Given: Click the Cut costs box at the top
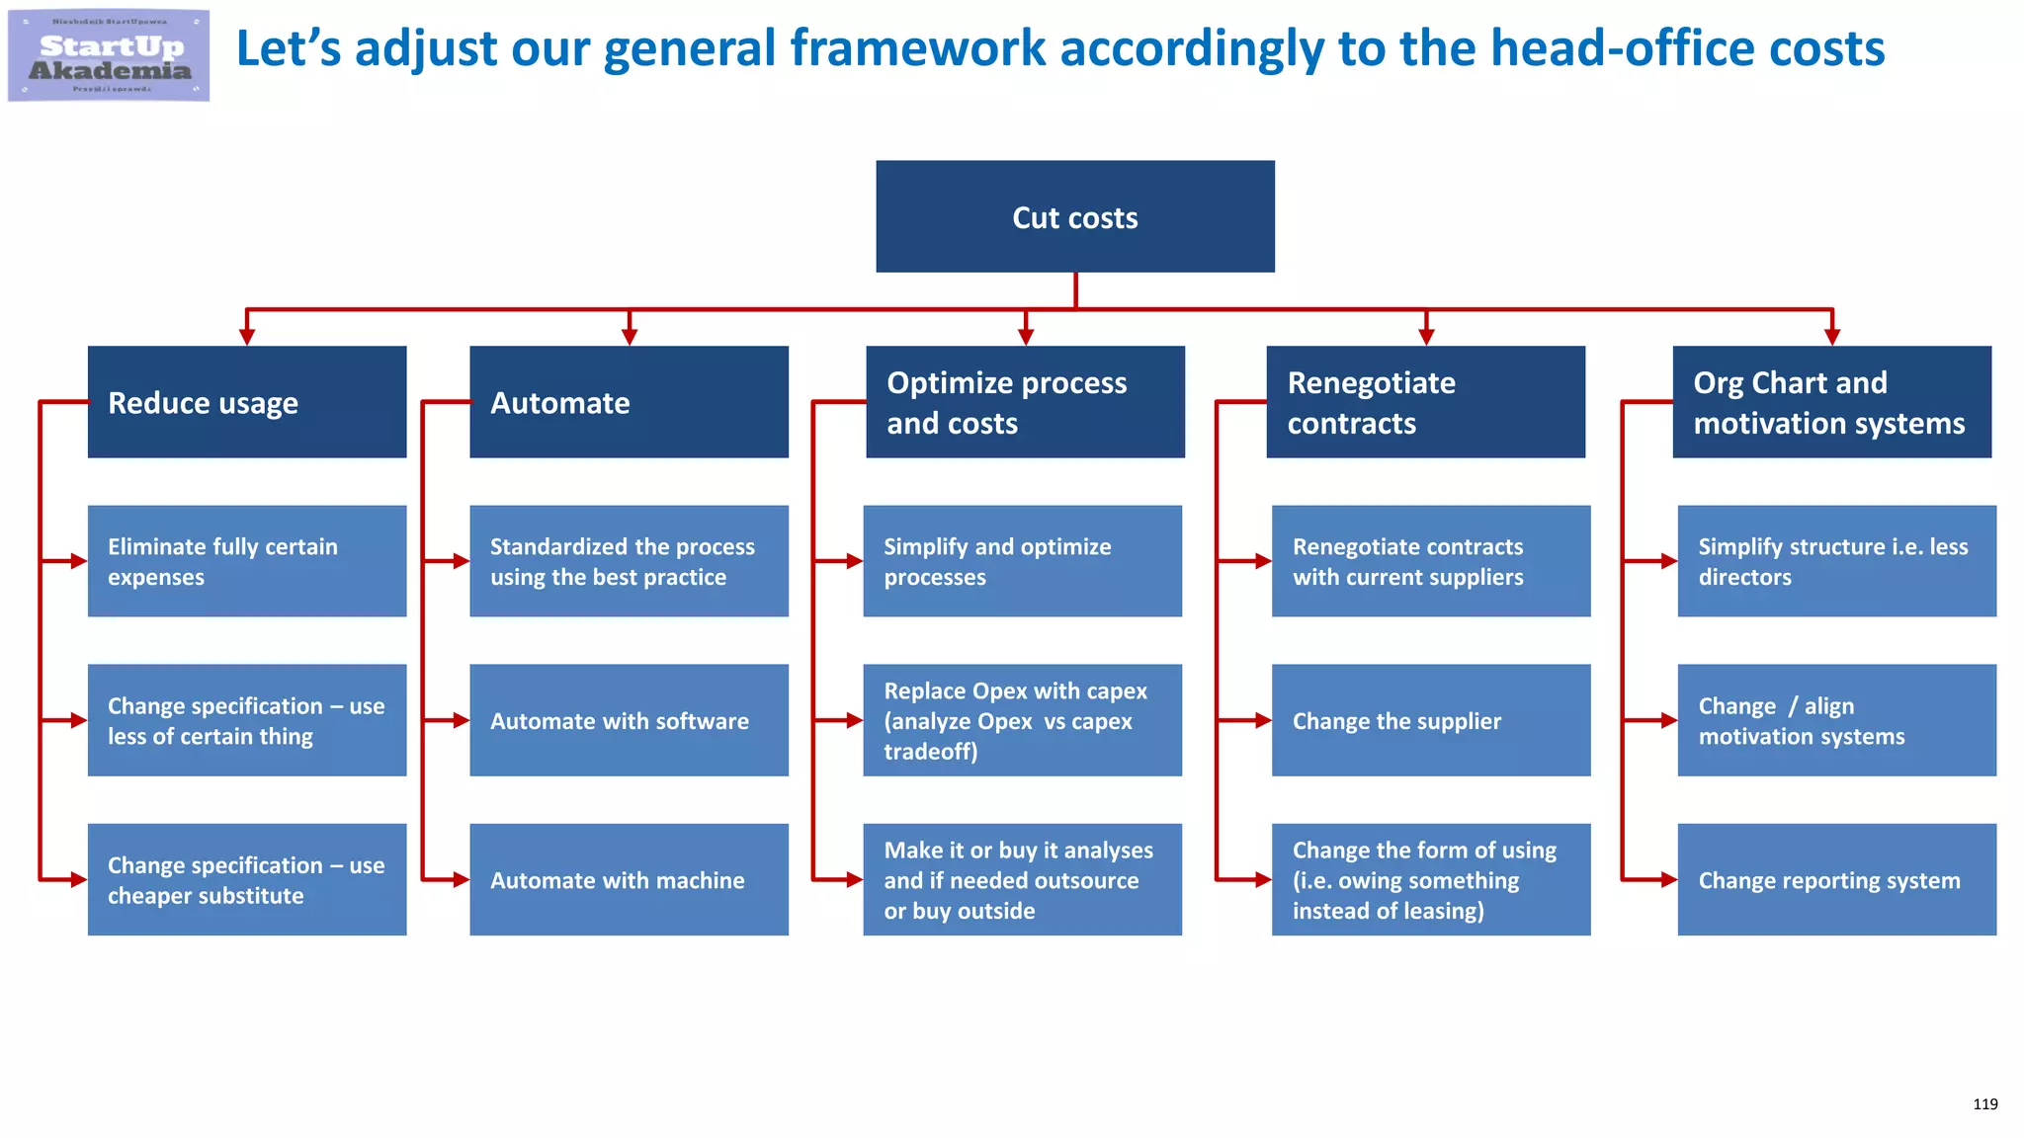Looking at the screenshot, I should pos(1074,216).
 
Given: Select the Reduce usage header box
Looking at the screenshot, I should pos(246,401).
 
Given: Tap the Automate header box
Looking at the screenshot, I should pos(629,401).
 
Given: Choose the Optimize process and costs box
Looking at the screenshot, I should pos(1025,401).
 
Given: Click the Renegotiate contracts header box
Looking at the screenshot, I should pos(1425,401).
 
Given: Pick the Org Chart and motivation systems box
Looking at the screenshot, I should pos(1831,401).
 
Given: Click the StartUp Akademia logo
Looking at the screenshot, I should pos(109,55).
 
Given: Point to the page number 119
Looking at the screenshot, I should pos(1984,1104).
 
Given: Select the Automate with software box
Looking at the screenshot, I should pos(629,720).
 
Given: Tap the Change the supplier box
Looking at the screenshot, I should pos(1430,720).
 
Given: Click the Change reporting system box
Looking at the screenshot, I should pos(1836,879).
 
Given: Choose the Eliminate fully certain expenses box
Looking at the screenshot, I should pos(246,561).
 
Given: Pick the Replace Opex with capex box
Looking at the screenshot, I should pos(1022,720).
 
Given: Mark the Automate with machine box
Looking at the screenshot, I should pos(629,879).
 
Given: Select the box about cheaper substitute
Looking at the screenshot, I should pos(246,879).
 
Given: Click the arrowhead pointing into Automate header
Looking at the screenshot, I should pos(630,337).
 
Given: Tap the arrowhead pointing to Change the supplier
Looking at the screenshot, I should pos(1263,721).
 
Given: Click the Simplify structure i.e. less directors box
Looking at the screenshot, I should pos(1836,561).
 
